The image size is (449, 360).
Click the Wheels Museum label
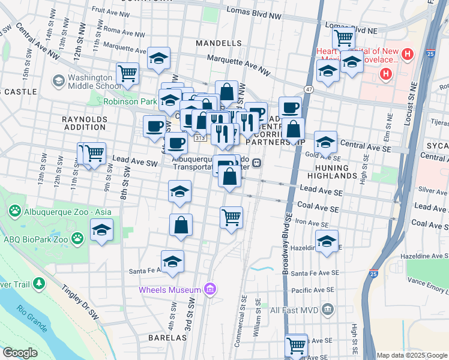coord(169,290)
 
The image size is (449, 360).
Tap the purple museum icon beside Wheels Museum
coord(209,290)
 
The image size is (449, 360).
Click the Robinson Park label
coord(130,101)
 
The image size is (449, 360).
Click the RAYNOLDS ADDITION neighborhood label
coord(84,123)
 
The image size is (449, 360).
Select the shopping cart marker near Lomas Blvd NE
coord(343,38)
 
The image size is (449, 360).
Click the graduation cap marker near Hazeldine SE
coord(327,241)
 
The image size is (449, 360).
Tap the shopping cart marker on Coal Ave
coord(231,217)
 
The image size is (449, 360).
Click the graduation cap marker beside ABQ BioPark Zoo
coord(102,230)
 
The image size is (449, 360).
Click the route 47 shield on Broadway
coord(309,89)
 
